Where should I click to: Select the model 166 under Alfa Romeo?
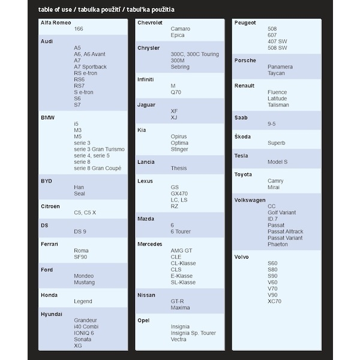[x=79, y=29]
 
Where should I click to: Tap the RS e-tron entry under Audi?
[x=87, y=73]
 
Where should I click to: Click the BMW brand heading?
[x=47, y=117]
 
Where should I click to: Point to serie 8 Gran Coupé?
[x=98, y=169]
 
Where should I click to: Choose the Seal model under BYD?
[x=80, y=194]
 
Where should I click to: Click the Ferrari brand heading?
[x=50, y=244]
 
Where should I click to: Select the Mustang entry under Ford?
[x=85, y=282]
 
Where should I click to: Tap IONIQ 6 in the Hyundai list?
[x=84, y=333]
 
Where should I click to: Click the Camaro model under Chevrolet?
[x=181, y=29]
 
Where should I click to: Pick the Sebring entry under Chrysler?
[x=181, y=67]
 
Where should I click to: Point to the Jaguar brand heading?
[x=146, y=104]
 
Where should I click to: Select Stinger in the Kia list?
[x=179, y=149]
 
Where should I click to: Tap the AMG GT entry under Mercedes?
[x=181, y=251]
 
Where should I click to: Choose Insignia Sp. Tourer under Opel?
[x=193, y=333]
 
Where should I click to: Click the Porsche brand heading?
[x=245, y=61]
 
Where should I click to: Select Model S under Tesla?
[x=278, y=162]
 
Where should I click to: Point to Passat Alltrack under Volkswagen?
[x=286, y=232]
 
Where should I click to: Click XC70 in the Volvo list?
[x=275, y=301]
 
